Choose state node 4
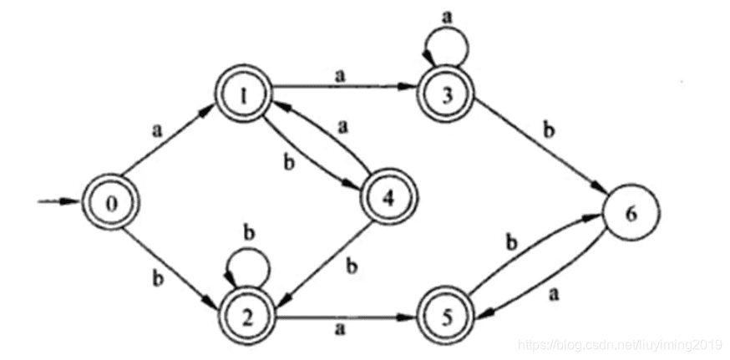[x=389, y=199]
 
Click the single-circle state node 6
[x=631, y=216]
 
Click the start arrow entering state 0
[x=58, y=201]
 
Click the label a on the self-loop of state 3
[x=446, y=17]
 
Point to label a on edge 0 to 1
[x=156, y=131]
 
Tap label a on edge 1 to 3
[x=340, y=76]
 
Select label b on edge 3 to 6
[x=550, y=132]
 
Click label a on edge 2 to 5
[x=340, y=329]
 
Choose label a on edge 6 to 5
[x=554, y=295]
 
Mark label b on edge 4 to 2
[x=352, y=267]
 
